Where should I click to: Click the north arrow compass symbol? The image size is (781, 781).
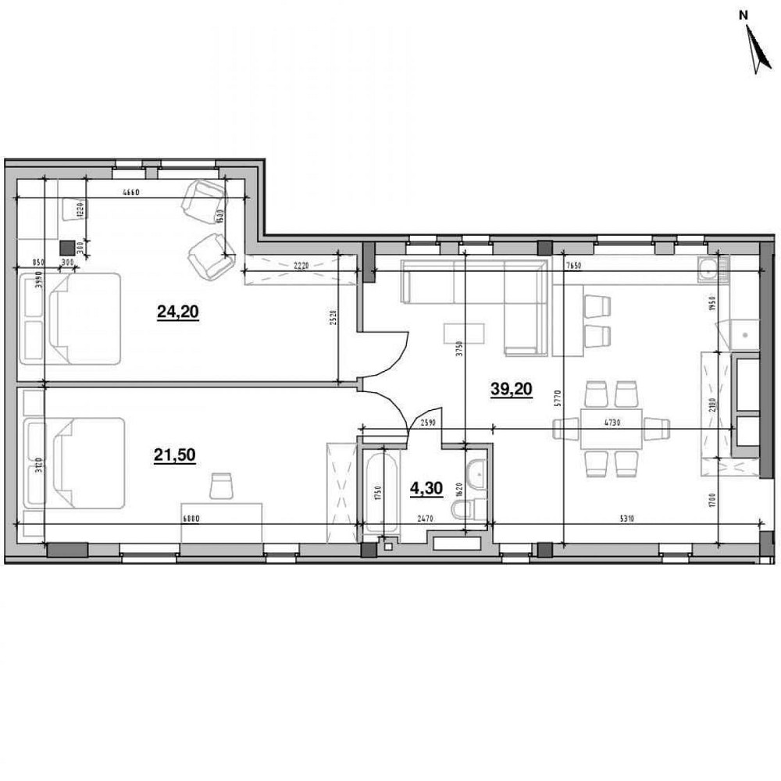754,48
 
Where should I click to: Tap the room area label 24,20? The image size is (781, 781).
178,312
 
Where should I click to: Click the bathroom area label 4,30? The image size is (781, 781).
426,489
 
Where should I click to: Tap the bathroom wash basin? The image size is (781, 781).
476,474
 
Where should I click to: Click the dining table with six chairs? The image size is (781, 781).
610,428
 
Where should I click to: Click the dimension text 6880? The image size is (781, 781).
190,519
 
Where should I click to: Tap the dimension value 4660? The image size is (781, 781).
130,194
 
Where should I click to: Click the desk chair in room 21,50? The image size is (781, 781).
221,485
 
